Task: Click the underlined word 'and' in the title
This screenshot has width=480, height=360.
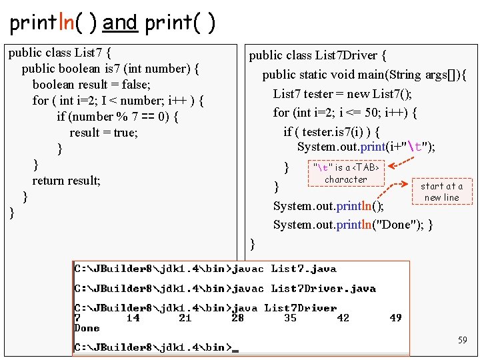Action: (x=120, y=23)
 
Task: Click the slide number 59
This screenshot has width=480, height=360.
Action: (x=462, y=340)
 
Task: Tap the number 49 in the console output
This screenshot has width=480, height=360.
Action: (x=395, y=318)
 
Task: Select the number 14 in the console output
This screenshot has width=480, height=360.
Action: (x=133, y=318)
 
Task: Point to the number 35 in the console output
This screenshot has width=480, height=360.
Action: (x=290, y=318)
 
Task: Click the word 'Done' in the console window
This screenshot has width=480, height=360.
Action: (x=87, y=328)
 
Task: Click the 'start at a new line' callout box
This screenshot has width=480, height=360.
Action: (x=441, y=192)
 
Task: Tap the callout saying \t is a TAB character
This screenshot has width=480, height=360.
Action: (x=345, y=173)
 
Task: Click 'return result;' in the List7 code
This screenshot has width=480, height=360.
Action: (x=67, y=180)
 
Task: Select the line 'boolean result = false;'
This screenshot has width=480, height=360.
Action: (x=91, y=84)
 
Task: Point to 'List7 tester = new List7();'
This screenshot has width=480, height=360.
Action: (x=342, y=93)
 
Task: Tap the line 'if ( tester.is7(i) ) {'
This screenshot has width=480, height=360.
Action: (x=332, y=131)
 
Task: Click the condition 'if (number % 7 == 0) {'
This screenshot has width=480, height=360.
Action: (x=117, y=116)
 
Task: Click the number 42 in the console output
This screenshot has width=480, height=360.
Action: (x=343, y=318)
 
